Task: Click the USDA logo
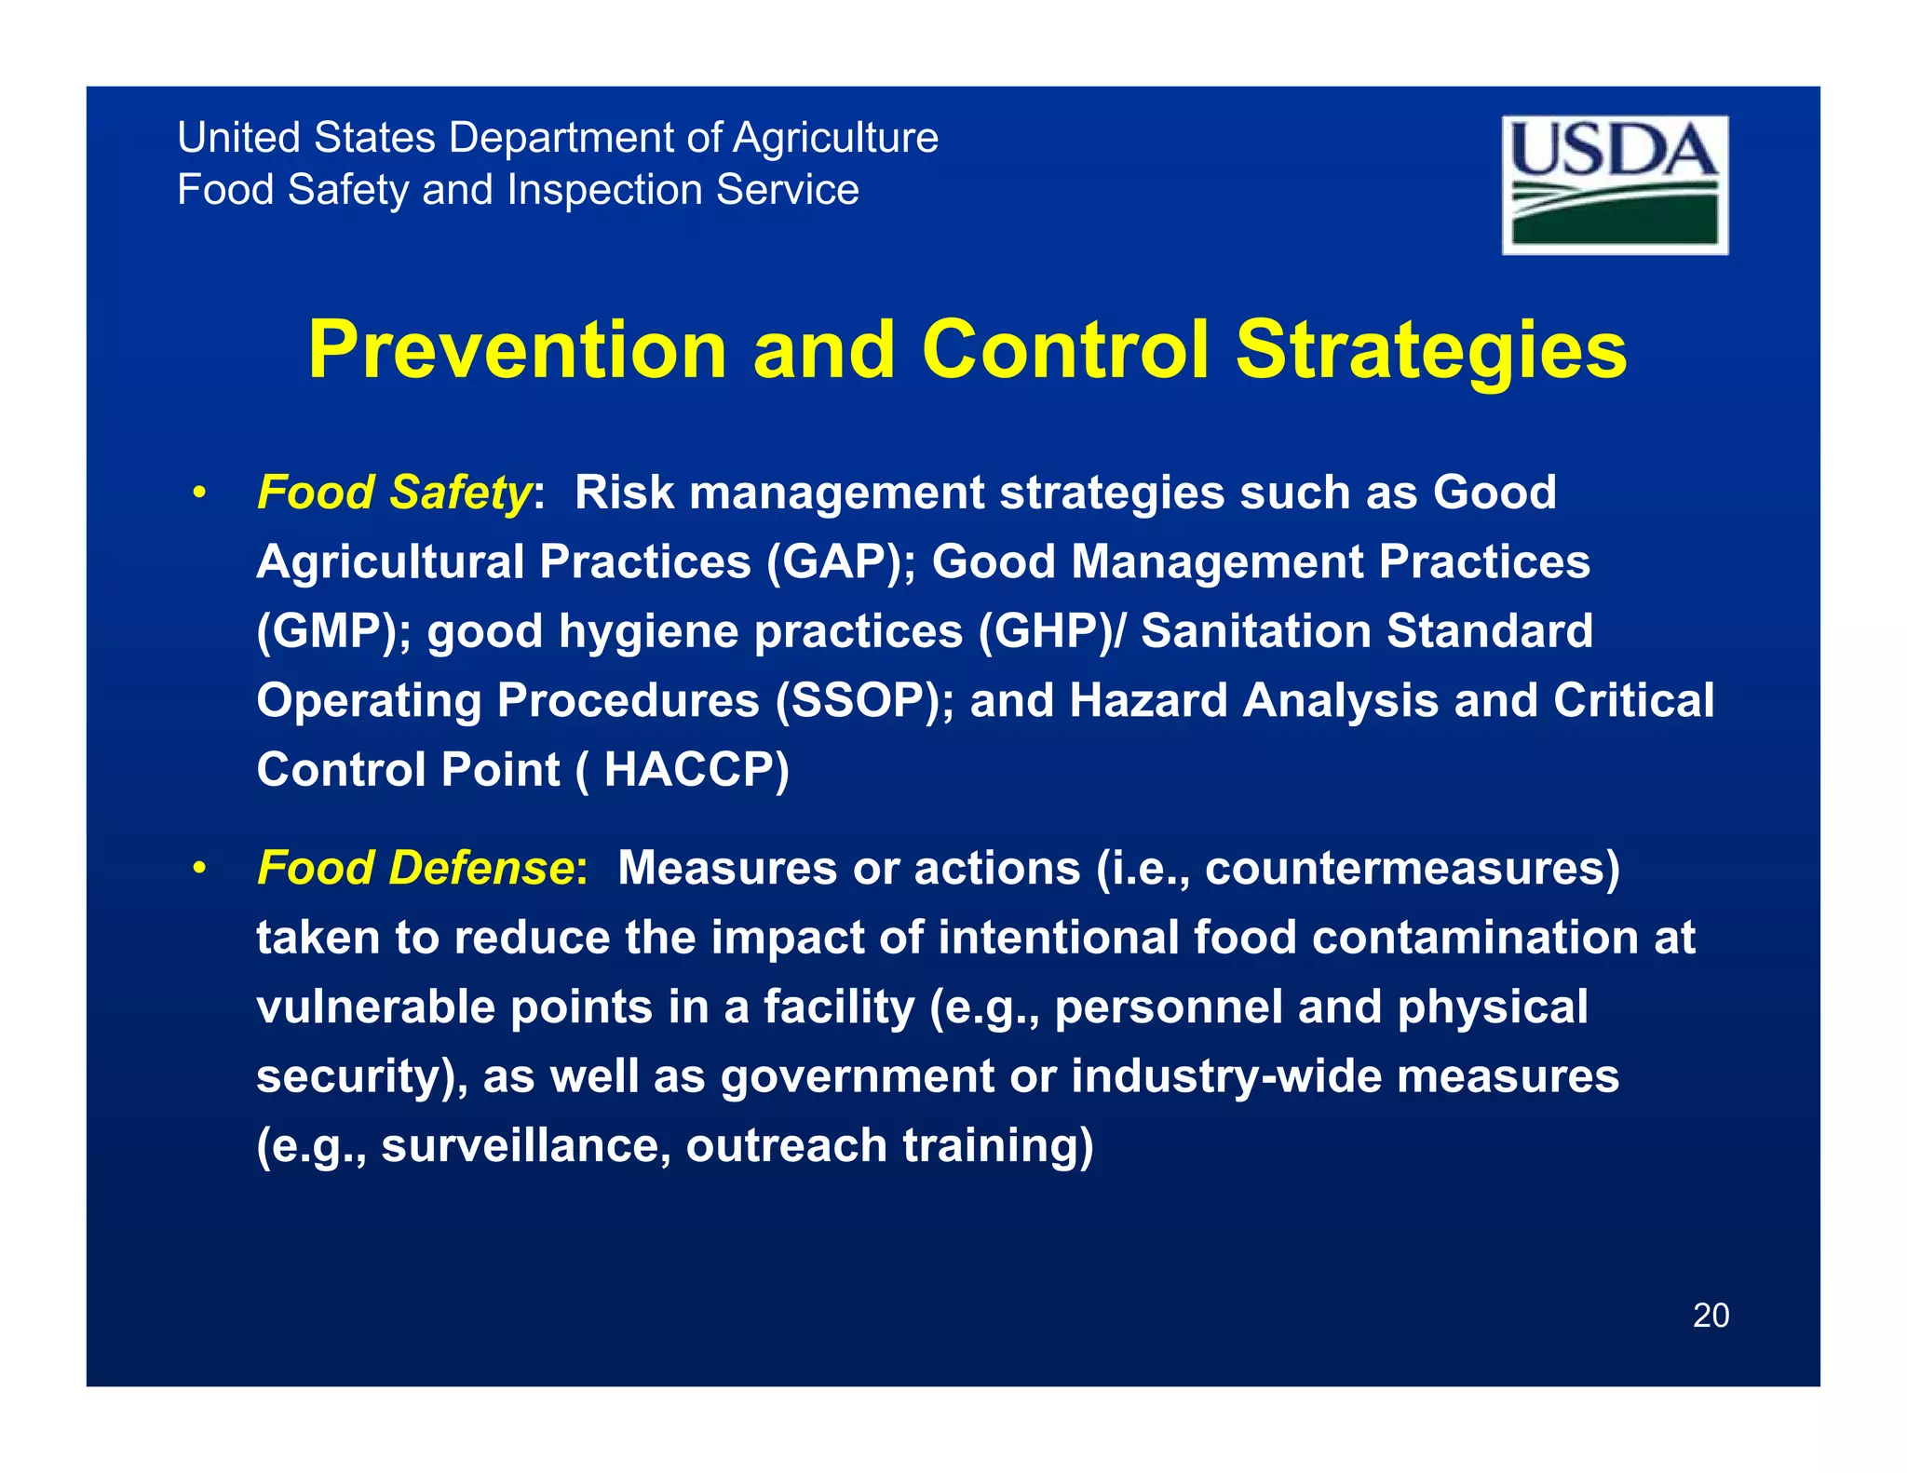1614,184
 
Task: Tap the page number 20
1710,1315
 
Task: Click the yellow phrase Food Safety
394,492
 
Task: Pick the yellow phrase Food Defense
415,867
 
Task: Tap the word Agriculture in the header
835,138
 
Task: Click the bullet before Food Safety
198,493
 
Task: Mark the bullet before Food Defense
198,869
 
